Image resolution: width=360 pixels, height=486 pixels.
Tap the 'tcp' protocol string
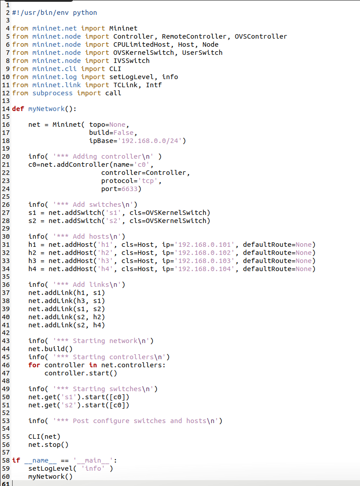pyautogui.click(x=150, y=181)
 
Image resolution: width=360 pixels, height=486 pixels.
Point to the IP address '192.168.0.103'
pyautogui.click(x=206, y=261)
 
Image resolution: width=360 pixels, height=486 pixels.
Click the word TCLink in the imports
pyautogui.click(x=125, y=85)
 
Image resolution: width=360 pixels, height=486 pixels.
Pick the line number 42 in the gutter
pyautogui.click(x=5, y=333)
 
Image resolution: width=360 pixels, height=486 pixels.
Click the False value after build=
pyautogui.click(x=123, y=133)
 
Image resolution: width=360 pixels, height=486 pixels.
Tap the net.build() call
pyautogui.click(x=50, y=349)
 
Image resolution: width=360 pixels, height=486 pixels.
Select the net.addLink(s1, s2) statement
pyautogui.click(x=66, y=309)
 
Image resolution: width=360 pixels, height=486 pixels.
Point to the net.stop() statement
pyautogui.click(x=48, y=445)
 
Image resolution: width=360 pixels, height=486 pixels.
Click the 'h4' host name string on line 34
pyautogui.click(x=115, y=269)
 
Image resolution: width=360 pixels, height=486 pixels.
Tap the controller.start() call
pyautogui.click(x=81, y=373)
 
